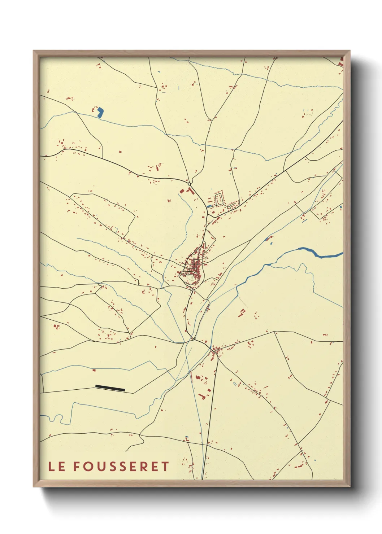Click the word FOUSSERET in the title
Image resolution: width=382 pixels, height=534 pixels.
click(x=121, y=467)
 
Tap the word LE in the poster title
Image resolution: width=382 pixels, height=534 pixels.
click(x=57, y=467)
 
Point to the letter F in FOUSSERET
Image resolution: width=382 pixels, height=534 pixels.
click(x=76, y=467)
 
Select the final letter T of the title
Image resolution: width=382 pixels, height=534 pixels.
click(x=165, y=467)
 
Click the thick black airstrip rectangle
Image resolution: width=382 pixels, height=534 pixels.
click(x=110, y=388)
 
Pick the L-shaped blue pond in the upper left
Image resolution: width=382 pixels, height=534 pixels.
click(x=100, y=113)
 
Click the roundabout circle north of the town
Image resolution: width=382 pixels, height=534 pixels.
click(x=189, y=184)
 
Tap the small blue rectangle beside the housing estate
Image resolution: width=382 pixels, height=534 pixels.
click(x=209, y=206)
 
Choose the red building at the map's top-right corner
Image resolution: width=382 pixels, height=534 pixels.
click(x=340, y=62)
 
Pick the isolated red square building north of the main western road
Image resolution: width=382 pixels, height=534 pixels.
click(x=120, y=152)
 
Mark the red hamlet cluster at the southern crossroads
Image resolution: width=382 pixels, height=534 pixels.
click(x=216, y=349)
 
